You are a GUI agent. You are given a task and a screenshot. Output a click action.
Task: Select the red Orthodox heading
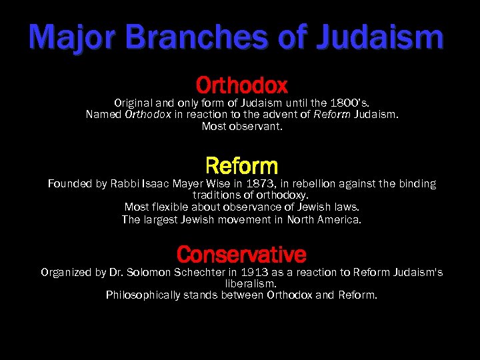click(x=241, y=85)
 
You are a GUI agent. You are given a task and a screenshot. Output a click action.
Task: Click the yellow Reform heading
click(x=241, y=165)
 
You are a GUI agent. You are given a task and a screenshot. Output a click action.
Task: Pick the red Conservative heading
click(x=241, y=254)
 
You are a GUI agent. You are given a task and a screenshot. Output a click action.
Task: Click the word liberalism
click(x=241, y=283)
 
